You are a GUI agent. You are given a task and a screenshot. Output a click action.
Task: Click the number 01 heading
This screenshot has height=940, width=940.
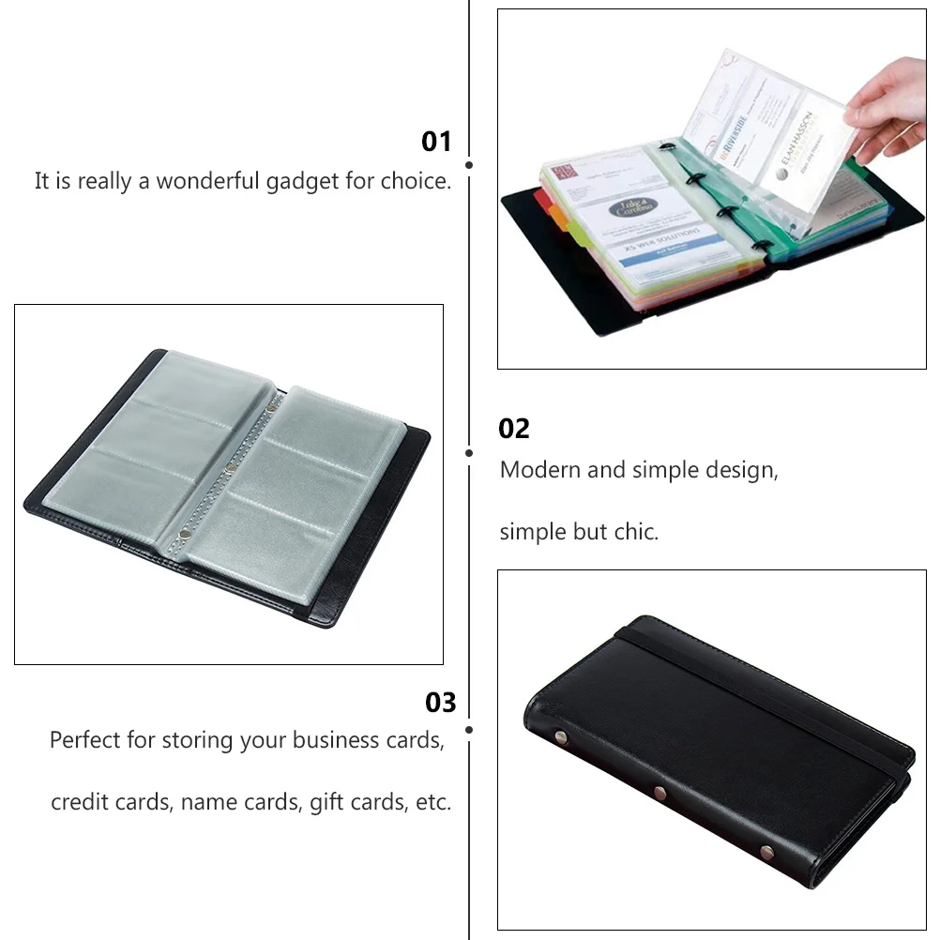(x=436, y=142)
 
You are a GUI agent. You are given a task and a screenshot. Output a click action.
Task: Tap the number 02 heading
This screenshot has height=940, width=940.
(x=514, y=429)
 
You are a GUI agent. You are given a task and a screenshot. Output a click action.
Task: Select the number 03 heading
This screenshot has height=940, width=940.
(x=440, y=702)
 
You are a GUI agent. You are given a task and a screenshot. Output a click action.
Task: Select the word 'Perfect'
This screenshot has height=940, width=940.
(x=86, y=739)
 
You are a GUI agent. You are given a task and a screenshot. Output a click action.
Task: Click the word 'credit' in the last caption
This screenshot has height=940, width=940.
(x=80, y=802)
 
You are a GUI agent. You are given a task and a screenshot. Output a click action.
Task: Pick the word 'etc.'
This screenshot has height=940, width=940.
(x=433, y=802)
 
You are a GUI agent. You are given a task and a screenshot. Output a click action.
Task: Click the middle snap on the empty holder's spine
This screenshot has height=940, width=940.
(x=228, y=466)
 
